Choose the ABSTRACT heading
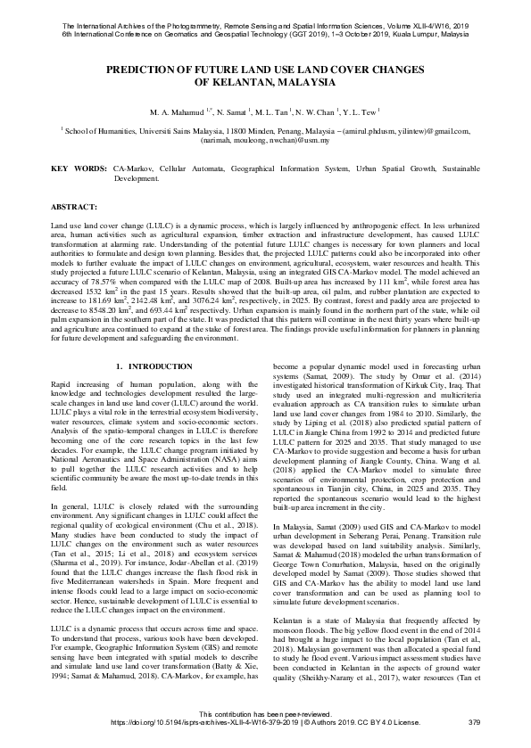pyautogui.click(x=54, y=206)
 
